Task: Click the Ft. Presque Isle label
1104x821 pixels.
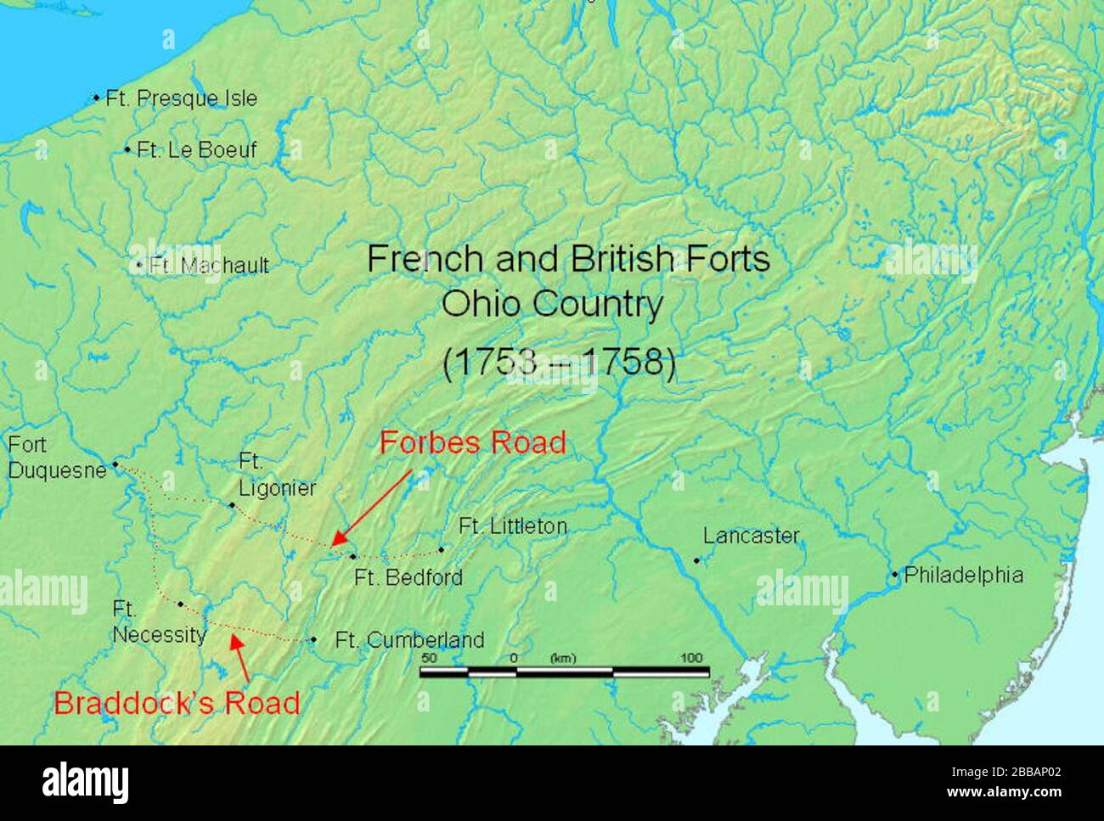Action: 181,98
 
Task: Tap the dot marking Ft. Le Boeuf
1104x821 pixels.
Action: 127,150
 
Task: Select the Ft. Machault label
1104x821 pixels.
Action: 208,266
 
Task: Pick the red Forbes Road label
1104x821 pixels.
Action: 472,442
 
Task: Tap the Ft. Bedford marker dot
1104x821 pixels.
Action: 353,556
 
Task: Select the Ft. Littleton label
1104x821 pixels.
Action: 512,526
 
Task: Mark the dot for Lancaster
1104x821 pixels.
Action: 696,560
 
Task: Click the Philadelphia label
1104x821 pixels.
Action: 963,575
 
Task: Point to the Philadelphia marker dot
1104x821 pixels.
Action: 894,576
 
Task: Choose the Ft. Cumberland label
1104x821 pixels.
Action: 409,640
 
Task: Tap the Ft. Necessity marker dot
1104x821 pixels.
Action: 181,605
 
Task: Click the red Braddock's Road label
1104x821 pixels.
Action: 177,703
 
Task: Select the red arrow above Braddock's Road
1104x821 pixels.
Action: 240,660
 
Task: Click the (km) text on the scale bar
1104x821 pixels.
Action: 562,658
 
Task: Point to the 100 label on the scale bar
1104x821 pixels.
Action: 693,658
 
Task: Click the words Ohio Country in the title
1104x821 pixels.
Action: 551,304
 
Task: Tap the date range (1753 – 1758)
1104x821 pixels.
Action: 559,363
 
